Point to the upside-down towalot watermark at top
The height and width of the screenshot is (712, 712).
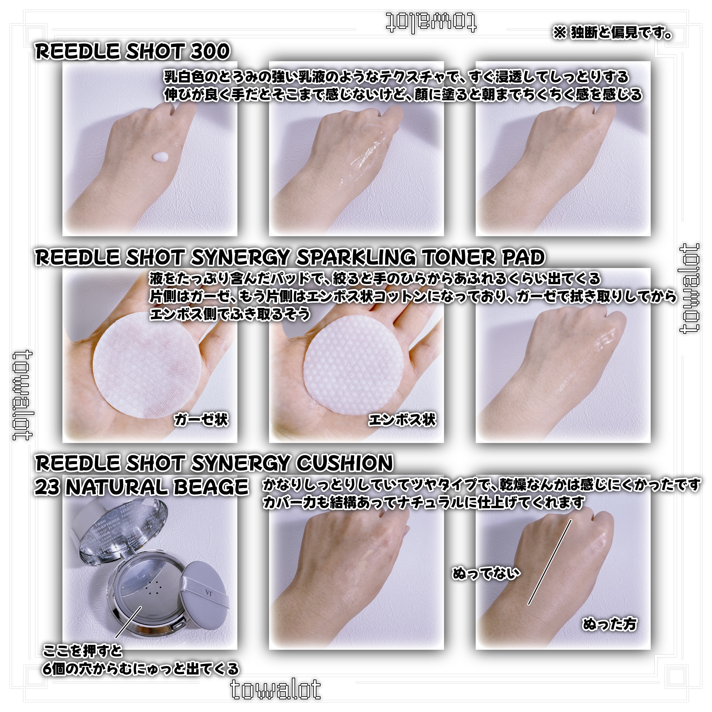pyautogui.click(x=431, y=23)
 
